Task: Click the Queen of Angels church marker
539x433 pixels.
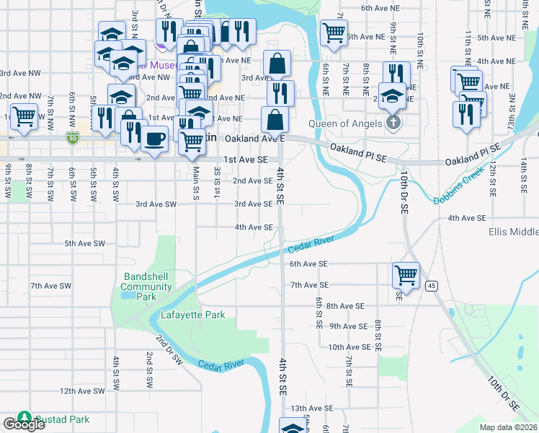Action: click(x=393, y=123)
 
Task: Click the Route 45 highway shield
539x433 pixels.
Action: click(x=432, y=287)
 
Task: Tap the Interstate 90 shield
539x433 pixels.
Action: click(x=71, y=136)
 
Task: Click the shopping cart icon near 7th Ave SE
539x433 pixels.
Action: click(x=406, y=275)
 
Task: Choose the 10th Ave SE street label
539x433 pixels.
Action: click(x=349, y=347)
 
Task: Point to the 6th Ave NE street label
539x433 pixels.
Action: click(x=380, y=8)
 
